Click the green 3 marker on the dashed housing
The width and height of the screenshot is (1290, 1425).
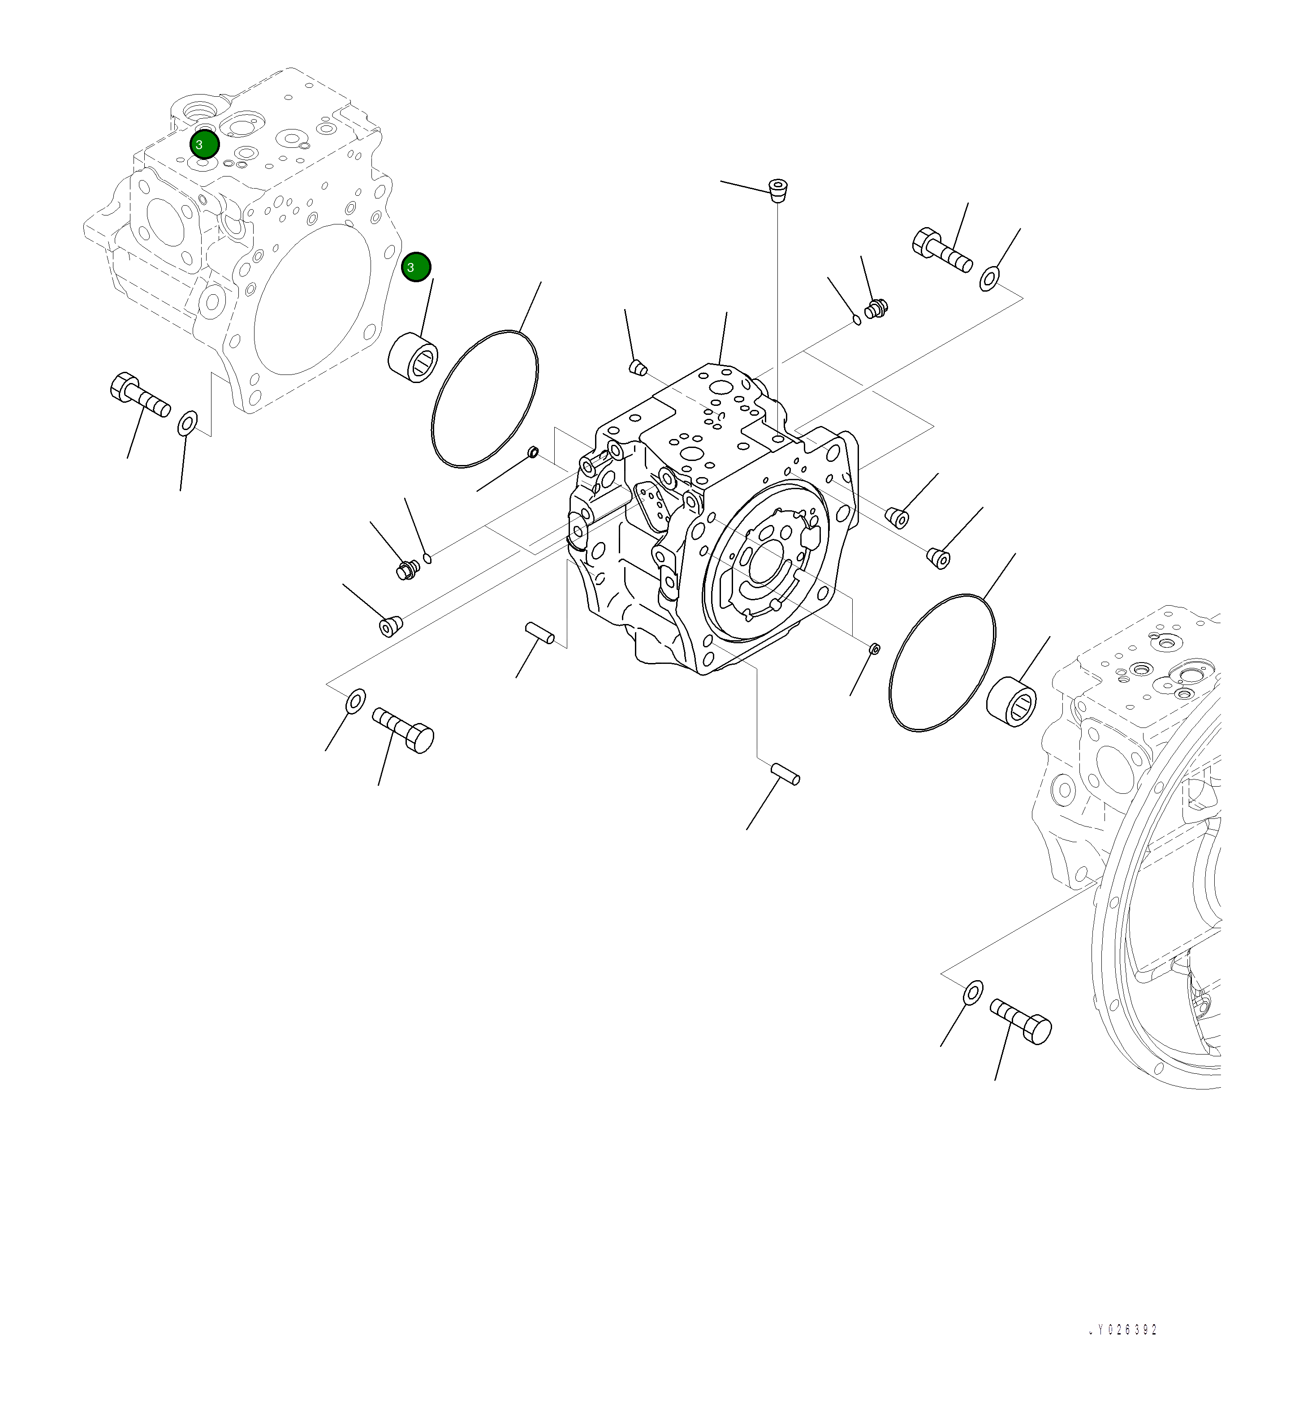point(204,144)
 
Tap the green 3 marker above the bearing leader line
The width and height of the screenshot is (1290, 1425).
point(416,267)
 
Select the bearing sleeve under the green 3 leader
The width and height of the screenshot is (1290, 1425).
point(414,356)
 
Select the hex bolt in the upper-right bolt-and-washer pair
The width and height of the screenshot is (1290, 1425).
point(943,250)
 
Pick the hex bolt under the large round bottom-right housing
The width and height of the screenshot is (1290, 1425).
point(1021,1020)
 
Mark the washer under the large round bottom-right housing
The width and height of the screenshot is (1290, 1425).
point(973,992)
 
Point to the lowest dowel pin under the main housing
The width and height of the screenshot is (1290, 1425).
point(785,773)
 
